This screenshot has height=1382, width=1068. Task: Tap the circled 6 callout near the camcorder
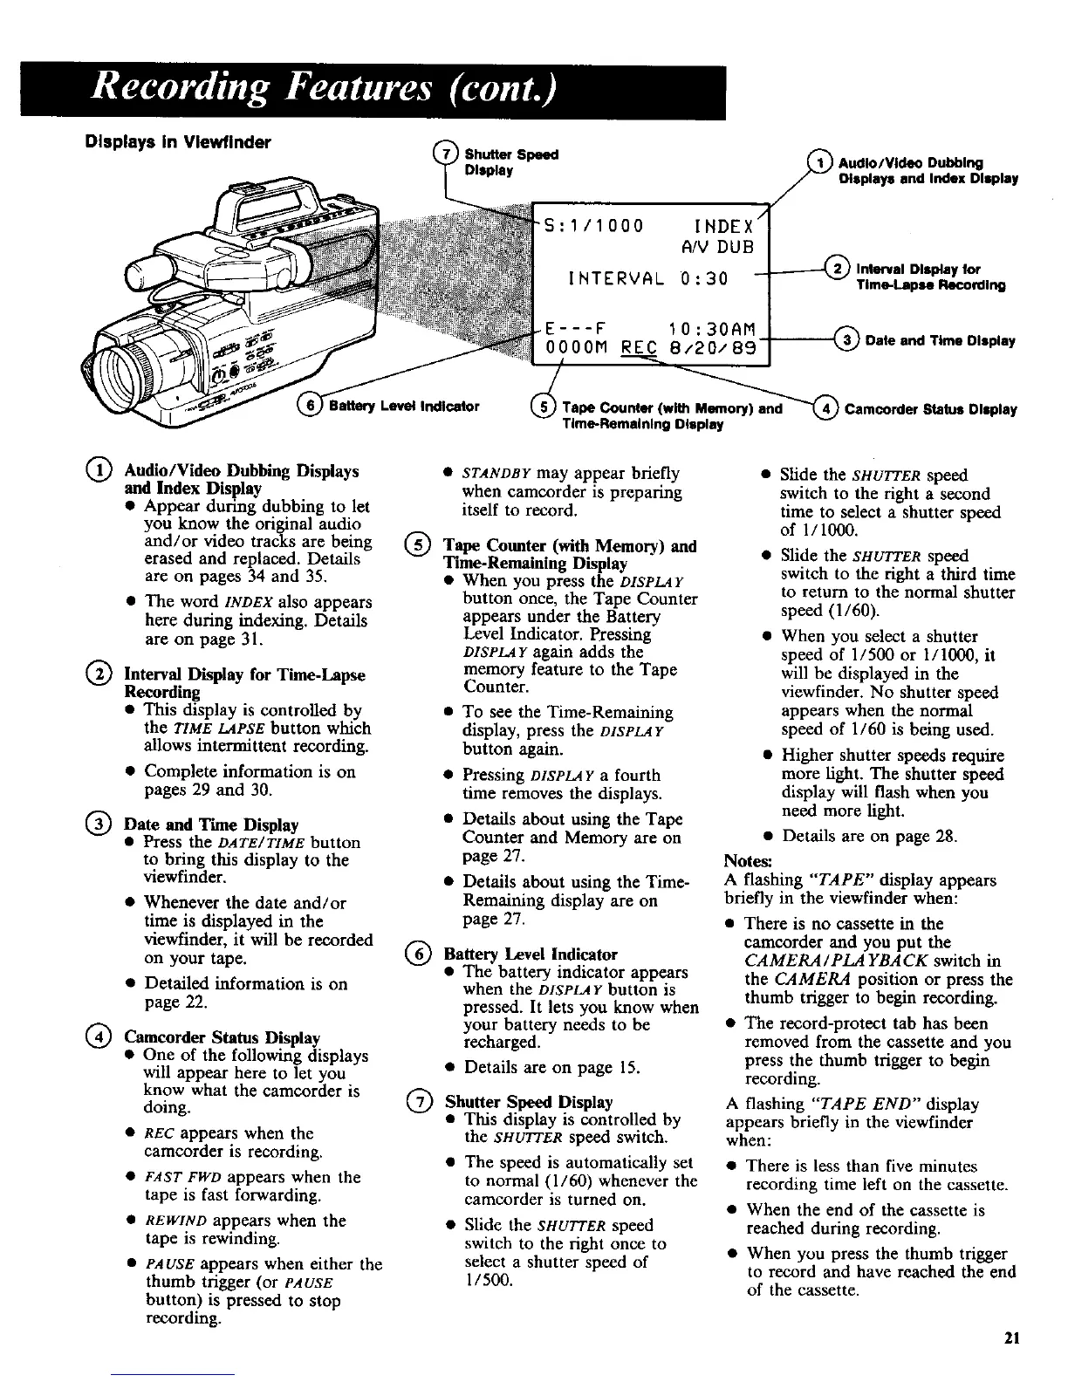(308, 404)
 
